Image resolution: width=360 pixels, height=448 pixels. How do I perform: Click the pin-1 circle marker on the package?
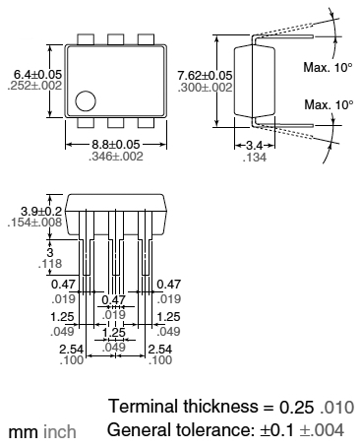pos(86,101)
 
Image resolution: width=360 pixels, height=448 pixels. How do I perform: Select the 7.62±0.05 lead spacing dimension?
pos(205,76)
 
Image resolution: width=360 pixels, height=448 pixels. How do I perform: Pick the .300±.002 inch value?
pos(205,88)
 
